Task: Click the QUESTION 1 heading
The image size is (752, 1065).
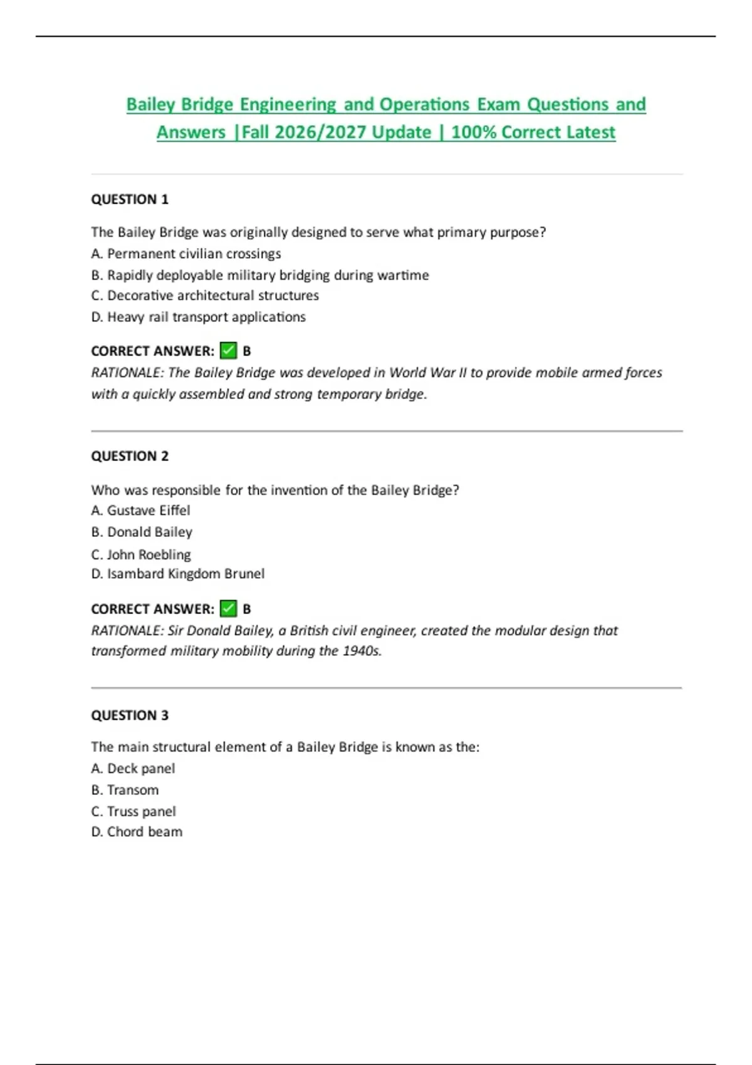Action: pyautogui.click(x=130, y=199)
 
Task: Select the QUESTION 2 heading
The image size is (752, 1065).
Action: pyautogui.click(x=130, y=456)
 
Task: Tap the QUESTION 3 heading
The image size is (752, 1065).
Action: pyautogui.click(x=130, y=715)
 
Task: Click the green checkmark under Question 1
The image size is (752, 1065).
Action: pyautogui.click(x=229, y=351)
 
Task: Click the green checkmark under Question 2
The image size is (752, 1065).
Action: pyautogui.click(x=229, y=608)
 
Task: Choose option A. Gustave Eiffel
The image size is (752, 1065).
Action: pyautogui.click(x=140, y=511)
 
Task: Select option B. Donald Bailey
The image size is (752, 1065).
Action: pyautogui.click(x=142, y=532)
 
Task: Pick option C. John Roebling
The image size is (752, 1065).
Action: pyautogui.click(x=141, y=554)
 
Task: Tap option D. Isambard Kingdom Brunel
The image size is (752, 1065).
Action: pyautogui.click(x=178, y=574)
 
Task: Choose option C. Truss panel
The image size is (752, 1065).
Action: pyautogui.click(x=133, y=811)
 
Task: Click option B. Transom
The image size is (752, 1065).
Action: pyautogui.click(x=125, y=790)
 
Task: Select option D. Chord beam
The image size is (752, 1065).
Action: pyautogui.click(x=137, y=832)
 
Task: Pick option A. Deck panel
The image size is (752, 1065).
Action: pyautogui.click(x=133, y=769)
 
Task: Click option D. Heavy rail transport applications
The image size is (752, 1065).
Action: pyautogui.click(x=198, y=317)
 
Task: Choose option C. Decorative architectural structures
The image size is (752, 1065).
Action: pyautogui.click(x=205, y=296)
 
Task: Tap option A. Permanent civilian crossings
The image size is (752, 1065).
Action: pyautogui.click(x=186, y=254)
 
